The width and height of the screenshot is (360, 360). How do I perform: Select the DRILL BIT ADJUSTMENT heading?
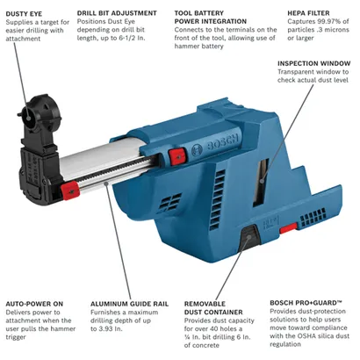click(x=117, y=14)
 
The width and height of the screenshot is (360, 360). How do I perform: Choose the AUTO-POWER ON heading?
click(x=33, y=304)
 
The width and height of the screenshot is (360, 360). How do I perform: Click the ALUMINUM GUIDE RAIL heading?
click(x=131, y=304)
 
